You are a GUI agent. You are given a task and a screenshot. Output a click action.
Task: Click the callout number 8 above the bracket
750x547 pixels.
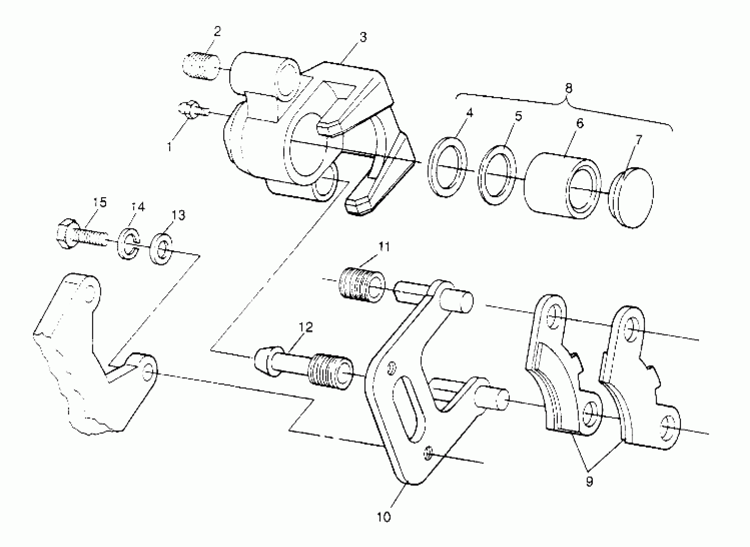tap(568, 88)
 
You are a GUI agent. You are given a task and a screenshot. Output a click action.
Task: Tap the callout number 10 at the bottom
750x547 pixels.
tap(384, 517)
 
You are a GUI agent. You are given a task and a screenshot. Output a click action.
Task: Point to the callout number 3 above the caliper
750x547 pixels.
tap(363, 37)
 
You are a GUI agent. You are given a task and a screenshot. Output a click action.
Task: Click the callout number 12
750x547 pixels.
tap(306, 327)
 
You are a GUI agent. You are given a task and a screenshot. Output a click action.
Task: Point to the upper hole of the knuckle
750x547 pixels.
tap(89, 294)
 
